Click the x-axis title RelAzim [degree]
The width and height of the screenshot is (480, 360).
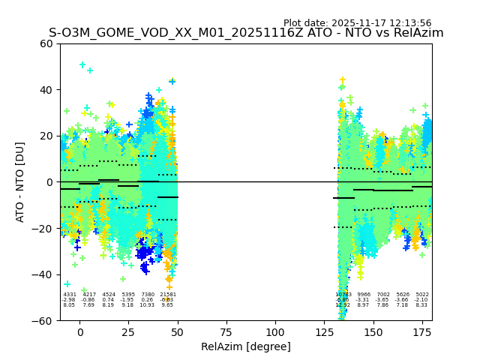(245, 346)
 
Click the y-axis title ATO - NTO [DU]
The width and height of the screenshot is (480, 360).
(20, 181)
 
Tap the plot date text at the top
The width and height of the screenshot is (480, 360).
(357, 23)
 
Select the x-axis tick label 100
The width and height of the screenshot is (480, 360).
(275, 332)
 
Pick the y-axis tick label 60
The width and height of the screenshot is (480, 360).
(46, 43)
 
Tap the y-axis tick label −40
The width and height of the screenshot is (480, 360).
(43, 274)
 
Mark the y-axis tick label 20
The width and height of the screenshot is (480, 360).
(46, 136)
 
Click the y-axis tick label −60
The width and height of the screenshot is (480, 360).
(43, 320)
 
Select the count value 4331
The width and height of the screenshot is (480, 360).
(69, 295)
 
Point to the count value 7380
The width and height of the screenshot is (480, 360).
(147, 295)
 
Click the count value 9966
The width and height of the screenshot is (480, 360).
(364, 295)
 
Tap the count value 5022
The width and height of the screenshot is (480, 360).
(422, 295)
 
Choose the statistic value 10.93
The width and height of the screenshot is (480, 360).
(147, 305)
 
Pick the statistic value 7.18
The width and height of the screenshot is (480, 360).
(403, 305)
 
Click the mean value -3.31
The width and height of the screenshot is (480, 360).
(364, 300)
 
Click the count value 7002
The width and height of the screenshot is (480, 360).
(383, 295)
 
